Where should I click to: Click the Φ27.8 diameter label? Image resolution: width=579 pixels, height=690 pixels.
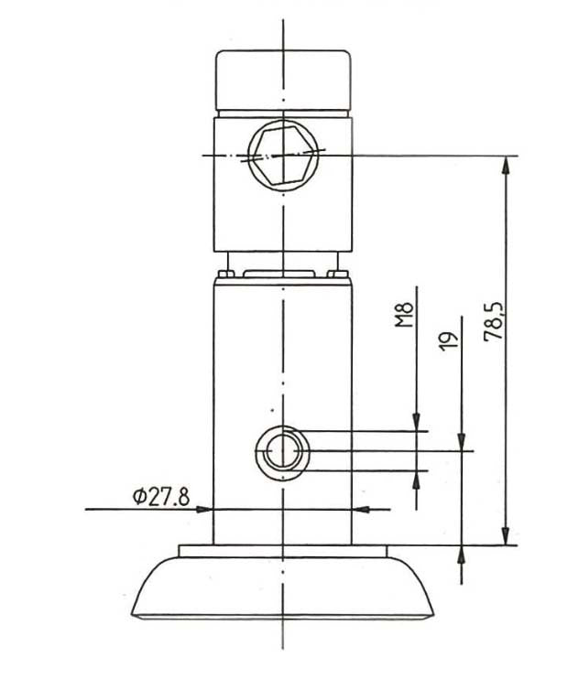(160, 496)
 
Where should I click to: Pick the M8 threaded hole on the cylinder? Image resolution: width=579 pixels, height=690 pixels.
(282, 450)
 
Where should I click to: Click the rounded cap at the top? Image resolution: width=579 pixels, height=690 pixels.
(284, 80)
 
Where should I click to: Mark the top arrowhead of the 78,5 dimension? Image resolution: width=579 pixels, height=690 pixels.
(504, 164)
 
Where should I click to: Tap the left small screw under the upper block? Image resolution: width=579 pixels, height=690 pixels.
(225, 273)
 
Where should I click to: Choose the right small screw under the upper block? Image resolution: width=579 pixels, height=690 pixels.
(340, 273)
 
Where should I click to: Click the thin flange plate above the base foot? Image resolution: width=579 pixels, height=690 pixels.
(283, 550)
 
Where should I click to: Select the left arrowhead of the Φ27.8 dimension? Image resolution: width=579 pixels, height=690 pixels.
(205, 509)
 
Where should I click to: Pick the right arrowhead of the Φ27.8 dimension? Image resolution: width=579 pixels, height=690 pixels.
(360, 509)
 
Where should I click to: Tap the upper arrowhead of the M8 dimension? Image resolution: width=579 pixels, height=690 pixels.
(417, 421)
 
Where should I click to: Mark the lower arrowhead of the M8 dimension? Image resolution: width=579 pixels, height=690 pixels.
(417, 479)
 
